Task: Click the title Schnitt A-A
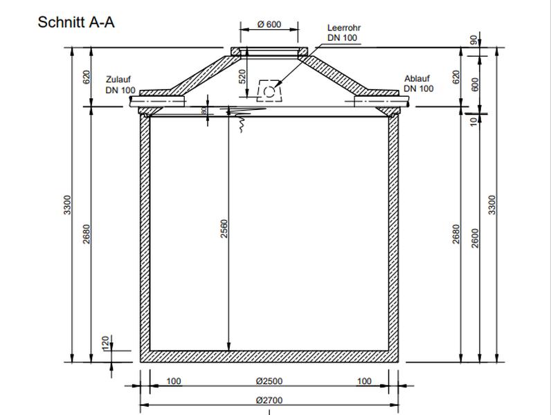[76, 23]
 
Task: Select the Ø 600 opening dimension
[269, 25]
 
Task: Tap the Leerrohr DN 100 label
[343, 33]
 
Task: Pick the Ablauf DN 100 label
[419, 84]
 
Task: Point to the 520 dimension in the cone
[242, 76]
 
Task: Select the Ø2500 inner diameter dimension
[269, 381]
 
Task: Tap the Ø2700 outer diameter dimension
[269, 400]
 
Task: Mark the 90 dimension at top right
[474, 41]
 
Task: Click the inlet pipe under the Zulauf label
[159, 102]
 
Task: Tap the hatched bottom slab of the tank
[269, 356]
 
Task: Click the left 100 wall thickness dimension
[173, 381]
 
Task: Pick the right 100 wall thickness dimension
[364, 381]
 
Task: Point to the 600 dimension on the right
[474, 83]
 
